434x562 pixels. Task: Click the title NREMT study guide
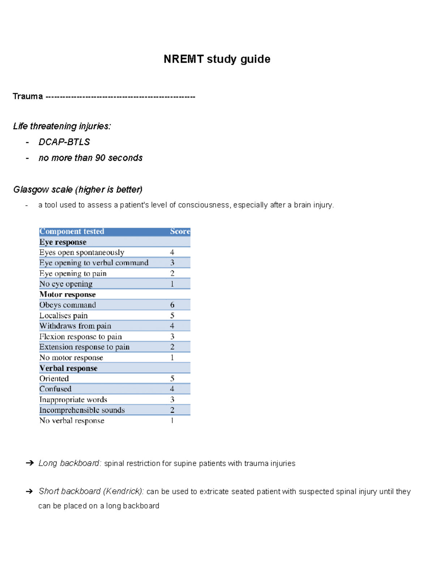point(217,59)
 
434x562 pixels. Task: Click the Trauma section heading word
point(27,96)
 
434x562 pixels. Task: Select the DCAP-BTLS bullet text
point(64,142)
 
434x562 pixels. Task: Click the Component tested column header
point(72,232)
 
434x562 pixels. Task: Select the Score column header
point(180,232)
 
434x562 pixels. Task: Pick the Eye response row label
point(63,242)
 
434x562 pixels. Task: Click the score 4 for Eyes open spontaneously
point(172,252)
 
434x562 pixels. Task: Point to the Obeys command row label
point(68,305)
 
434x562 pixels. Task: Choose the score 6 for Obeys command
point(172,305)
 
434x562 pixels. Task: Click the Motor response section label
point(68,295)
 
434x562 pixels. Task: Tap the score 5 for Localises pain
point(172,316)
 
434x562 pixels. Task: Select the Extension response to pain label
point(84,347)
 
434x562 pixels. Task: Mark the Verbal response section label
point(68,368)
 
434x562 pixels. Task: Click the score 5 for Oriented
point(172,379)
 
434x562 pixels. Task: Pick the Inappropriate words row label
point(73,400)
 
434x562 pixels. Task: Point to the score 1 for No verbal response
point(172,421)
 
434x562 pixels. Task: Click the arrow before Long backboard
point(30,463)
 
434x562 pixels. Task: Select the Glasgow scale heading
point(78,190)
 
